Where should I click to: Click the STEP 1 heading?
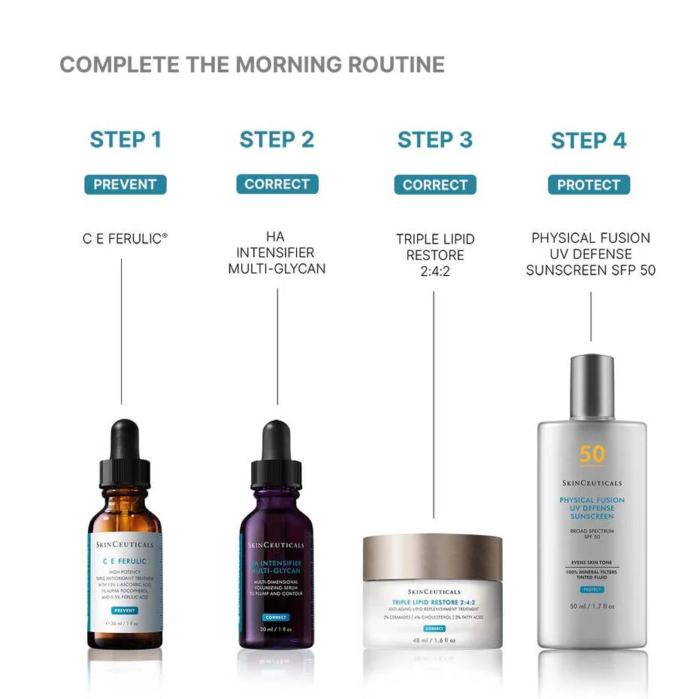(126, 140)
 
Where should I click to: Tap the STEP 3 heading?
(435, 140)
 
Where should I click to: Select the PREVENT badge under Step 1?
(126, 184)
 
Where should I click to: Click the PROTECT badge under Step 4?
(589, 185)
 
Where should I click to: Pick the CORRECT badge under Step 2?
(277, 184)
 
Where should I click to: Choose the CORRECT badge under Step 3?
(435, 185)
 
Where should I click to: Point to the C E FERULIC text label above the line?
(125, 238)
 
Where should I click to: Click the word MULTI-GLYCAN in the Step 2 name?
(277, 268)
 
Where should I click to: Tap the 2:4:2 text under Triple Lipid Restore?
(435, 271)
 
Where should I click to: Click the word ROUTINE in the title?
(396, 65)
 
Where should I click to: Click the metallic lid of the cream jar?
(432, 557)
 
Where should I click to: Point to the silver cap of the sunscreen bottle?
(592, 388)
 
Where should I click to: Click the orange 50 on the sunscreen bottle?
(592, 454)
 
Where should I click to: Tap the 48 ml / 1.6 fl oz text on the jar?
(434, 640)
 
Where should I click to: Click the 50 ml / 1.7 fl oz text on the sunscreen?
(592, 606)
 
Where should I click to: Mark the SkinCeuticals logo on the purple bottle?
(277, 545)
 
